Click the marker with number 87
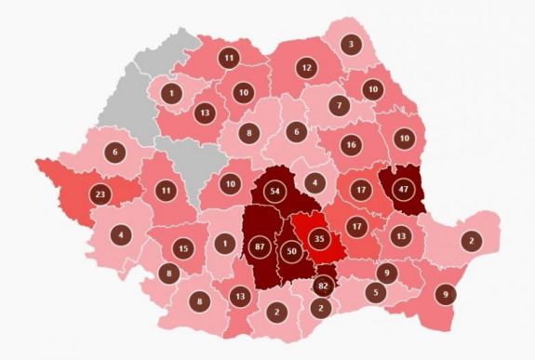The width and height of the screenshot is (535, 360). [260, 247]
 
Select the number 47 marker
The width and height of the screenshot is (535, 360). [403, 187]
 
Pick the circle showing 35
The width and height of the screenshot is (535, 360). [319, 236]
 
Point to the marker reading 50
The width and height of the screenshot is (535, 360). [291, 252]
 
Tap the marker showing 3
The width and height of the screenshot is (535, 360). [351, 43]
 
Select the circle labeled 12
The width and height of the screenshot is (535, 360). [305, 67]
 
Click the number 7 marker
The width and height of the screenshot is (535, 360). [341, 106]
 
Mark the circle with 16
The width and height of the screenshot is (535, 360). [351, 145]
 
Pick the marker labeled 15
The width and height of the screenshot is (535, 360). [183, 248]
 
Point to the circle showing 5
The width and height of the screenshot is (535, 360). [375, 293]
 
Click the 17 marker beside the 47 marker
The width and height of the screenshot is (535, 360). [360, 191]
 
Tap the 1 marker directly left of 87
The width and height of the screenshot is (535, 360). [223, 244]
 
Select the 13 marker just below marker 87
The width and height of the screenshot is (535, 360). [240, 296]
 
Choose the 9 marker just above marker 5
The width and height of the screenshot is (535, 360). [387, 272]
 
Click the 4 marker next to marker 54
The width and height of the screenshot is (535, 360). [316, 182]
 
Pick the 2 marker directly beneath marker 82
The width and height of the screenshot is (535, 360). [321, 307]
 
